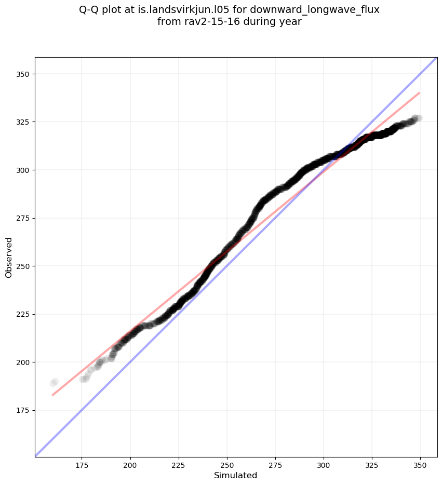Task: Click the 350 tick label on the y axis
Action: click(x=23, y=74)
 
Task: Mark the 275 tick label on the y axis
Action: click(x=23, y=218)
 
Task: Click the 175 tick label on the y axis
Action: click(x=23, y=410)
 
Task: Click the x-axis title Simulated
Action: click(x=236, y=475)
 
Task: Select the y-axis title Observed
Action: click(x=9, y=257)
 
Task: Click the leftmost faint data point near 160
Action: click(x=53, y=383)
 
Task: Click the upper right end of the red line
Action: click(x=419, y=93)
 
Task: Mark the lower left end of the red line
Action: click(x=52, y=395)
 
